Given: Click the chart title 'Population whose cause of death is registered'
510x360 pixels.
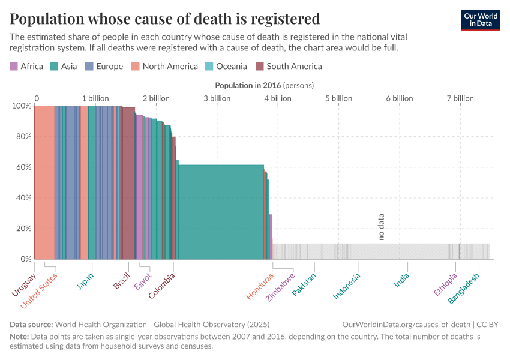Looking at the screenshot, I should point(165,18).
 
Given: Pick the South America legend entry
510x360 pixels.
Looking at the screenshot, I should point(289,66).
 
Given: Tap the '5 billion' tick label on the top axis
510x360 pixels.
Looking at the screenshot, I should point(339,98).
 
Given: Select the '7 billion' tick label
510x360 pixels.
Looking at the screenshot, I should point(460,98).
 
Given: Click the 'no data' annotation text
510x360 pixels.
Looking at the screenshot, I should point(381,227).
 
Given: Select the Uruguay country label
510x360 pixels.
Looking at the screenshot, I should point(23,284).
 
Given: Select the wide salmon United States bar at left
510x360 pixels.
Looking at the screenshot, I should point(44,180).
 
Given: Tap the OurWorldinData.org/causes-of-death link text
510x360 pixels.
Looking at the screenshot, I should point(406,324).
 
